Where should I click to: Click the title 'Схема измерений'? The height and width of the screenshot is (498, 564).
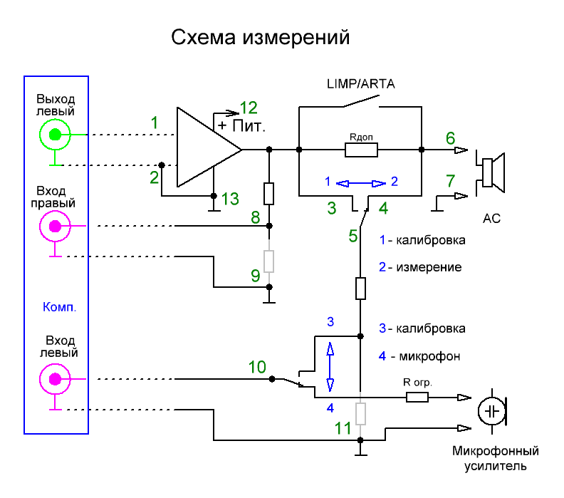click(x=261, y=38)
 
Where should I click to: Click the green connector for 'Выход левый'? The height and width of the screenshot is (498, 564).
click(x=55, y=134)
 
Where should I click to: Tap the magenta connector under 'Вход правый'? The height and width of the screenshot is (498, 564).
click(x=55, y=227)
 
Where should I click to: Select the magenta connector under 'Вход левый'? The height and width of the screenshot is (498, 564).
click(x=55, y=378)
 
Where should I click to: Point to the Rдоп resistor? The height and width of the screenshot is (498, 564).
click(x=360, y=150)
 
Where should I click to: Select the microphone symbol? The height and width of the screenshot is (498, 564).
click(x=491, y=412)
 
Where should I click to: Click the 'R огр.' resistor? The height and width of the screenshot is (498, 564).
click(x=417, y=396)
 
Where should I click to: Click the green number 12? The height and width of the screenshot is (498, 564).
click(x=249, y=108)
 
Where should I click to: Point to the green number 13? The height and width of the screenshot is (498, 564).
click(x=230, y=199)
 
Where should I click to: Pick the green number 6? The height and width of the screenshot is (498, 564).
click(x=450, y=138)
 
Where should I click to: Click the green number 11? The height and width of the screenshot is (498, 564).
click(x=343, y=427)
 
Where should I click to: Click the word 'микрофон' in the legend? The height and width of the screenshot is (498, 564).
click(x=429, y=356)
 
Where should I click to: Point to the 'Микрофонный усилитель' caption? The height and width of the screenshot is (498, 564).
click(x=496, y=459)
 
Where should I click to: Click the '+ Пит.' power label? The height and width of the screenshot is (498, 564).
click(x=241, y=127)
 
